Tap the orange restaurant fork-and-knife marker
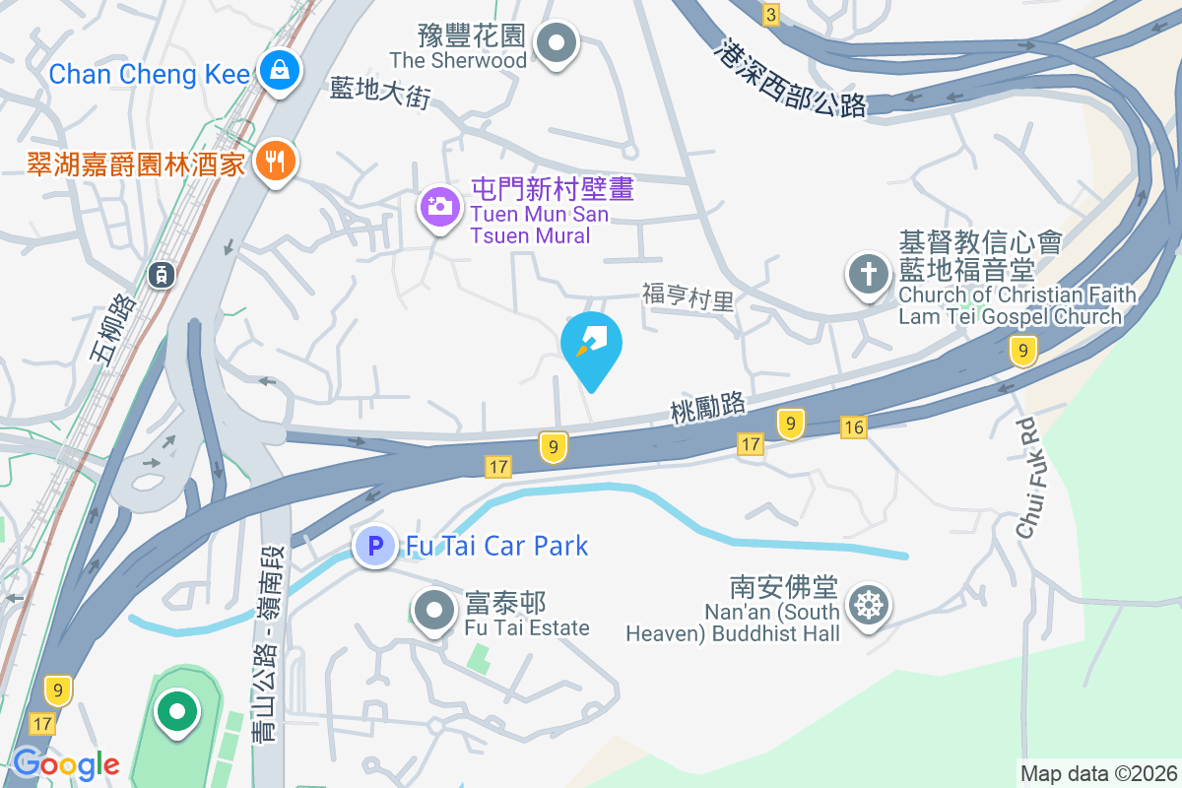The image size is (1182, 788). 275,160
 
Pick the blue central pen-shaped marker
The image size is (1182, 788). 592,346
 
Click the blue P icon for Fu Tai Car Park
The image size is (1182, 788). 375,545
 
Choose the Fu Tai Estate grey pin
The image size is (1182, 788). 434,610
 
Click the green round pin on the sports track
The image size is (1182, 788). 177,710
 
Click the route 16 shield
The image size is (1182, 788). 854,427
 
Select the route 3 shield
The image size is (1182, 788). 770,14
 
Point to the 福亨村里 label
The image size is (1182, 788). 689,295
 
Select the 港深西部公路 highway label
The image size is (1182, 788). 793,80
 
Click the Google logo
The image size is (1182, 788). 66,764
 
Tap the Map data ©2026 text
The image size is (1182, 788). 1098,774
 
